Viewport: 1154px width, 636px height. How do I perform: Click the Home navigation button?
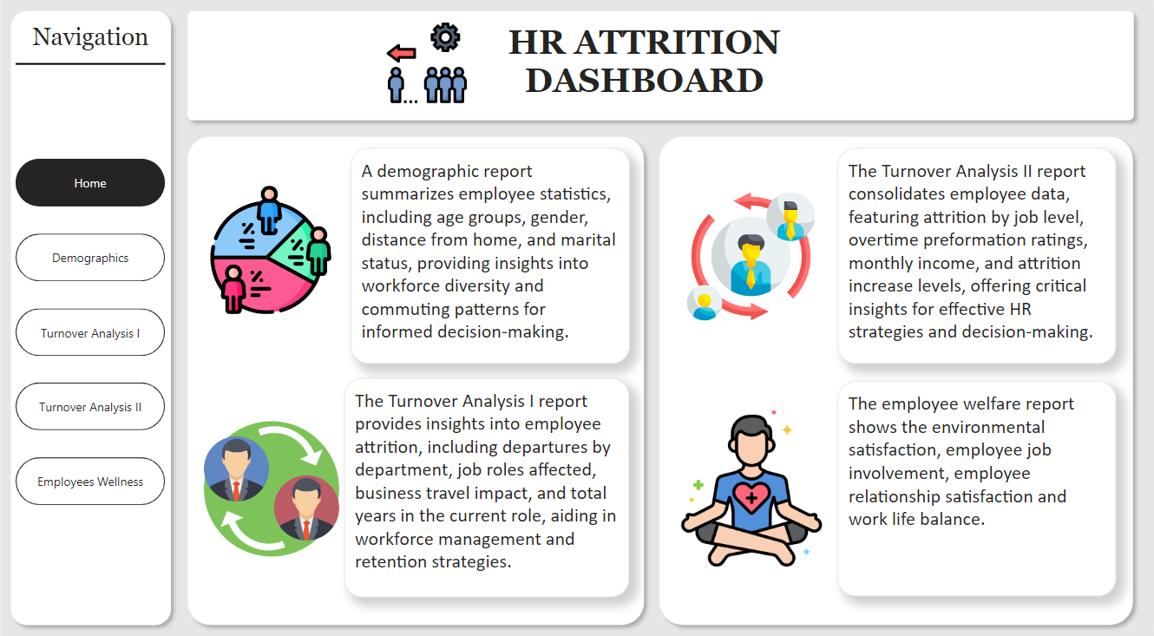[x=90, y=183]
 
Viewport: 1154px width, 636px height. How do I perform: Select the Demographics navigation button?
[x=90, y=258]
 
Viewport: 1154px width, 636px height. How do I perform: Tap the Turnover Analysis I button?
[x=90, y=332]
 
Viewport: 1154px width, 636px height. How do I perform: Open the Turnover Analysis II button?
[x=90, y=407]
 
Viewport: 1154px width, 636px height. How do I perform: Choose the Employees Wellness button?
[x=90, y=482]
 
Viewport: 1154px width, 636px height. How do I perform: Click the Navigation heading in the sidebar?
[x=90, y=36]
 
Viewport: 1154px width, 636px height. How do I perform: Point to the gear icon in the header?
[x=445, y=37]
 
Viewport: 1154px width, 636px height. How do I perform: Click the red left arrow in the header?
[x=402, y=53]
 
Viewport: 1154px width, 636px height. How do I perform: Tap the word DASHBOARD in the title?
[x=644, y=81]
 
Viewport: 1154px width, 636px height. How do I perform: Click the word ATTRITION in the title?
[x=678, y=43]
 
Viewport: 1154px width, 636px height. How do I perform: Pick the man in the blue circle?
[x=237, y=469]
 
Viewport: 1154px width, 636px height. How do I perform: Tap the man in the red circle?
[x=306, y=508]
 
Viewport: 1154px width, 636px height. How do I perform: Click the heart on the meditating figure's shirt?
[x=751, y=496]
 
